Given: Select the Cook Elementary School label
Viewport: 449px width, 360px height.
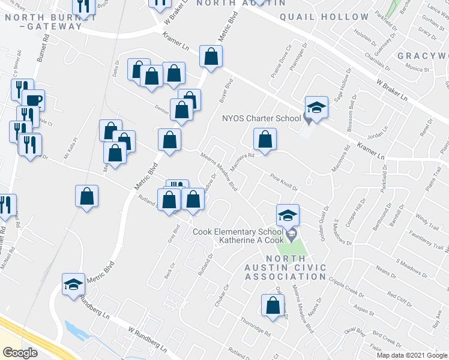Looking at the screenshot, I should [237, 232].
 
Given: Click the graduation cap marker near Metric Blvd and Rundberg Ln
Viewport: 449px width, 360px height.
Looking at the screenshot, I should [74, 284].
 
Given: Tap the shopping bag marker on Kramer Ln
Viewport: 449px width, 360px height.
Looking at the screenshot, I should [211, 58].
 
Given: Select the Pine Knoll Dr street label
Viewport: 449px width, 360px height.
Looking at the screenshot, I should [284, 181].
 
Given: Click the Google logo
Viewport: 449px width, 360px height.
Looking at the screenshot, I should [20, 353].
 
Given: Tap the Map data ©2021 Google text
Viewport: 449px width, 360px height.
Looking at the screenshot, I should [411, 355].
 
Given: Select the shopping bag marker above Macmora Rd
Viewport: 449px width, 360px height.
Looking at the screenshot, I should [265, 140].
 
